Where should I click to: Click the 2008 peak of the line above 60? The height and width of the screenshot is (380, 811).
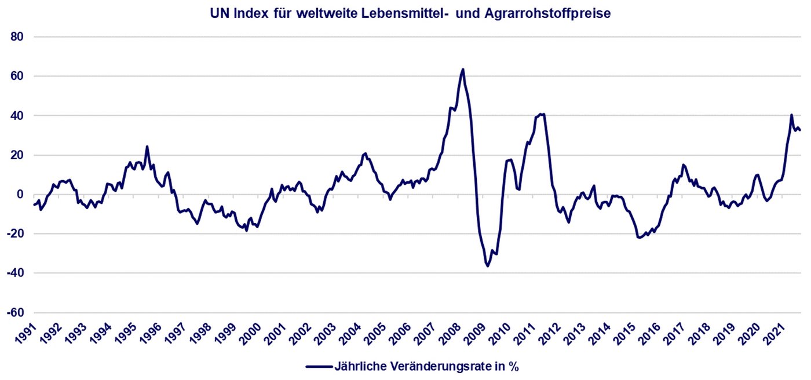tap(463, 70)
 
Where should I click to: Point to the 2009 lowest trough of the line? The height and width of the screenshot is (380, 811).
tap(488, 266)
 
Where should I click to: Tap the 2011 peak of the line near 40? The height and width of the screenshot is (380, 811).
tap(541, 114)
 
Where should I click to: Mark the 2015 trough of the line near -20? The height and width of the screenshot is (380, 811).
tap(639, 237)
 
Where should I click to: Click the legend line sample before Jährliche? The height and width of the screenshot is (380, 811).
tap(319, 366)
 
